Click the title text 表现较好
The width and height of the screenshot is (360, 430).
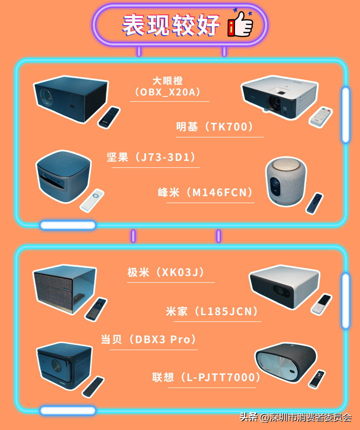point(171,25)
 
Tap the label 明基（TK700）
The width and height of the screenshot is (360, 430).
point(215,127)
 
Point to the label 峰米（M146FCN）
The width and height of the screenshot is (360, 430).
point(205,192)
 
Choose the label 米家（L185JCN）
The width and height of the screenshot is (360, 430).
point(212,311)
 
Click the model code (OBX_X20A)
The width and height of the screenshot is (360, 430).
point(168,92)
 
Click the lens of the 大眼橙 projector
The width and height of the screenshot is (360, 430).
point(46,97)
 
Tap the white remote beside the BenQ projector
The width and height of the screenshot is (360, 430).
point(320,117)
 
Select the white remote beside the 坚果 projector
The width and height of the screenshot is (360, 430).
point(92,200)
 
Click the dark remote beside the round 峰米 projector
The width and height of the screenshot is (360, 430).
point(314,203)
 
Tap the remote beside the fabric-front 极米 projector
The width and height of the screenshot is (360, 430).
point(96,309)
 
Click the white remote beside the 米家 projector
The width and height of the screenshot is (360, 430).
point(321,304)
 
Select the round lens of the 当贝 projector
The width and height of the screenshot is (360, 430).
point(56,365)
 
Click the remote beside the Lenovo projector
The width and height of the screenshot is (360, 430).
point(317,379)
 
